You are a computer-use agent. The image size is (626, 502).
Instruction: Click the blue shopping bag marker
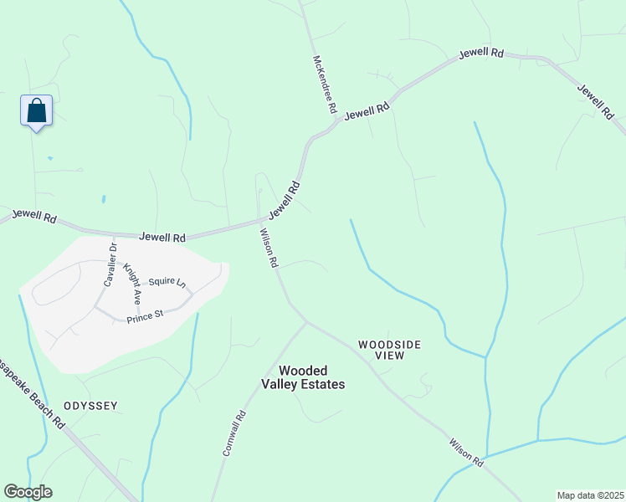click(36, 110)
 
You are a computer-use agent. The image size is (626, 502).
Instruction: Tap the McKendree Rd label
click(325, 85)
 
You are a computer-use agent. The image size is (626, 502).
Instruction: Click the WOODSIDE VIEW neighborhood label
click(389, 350)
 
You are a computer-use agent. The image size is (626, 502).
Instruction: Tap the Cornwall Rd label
click(233, 432)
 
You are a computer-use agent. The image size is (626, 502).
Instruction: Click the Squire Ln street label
click(166, 283)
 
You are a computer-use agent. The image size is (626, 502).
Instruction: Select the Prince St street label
click(144, 317)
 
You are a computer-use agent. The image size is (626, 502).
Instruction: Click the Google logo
click(28, 492)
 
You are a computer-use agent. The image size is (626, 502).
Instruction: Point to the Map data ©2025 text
click(590, 495)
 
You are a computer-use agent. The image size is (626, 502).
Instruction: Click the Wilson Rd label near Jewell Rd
click(269, 248)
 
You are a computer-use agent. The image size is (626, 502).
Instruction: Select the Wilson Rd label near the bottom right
click(466, 453)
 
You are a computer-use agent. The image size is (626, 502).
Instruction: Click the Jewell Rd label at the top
click(480, 53)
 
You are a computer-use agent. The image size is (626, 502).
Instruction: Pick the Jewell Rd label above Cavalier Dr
click(162, 238)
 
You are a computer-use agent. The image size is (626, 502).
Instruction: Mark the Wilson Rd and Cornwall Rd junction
click(306, 321)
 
